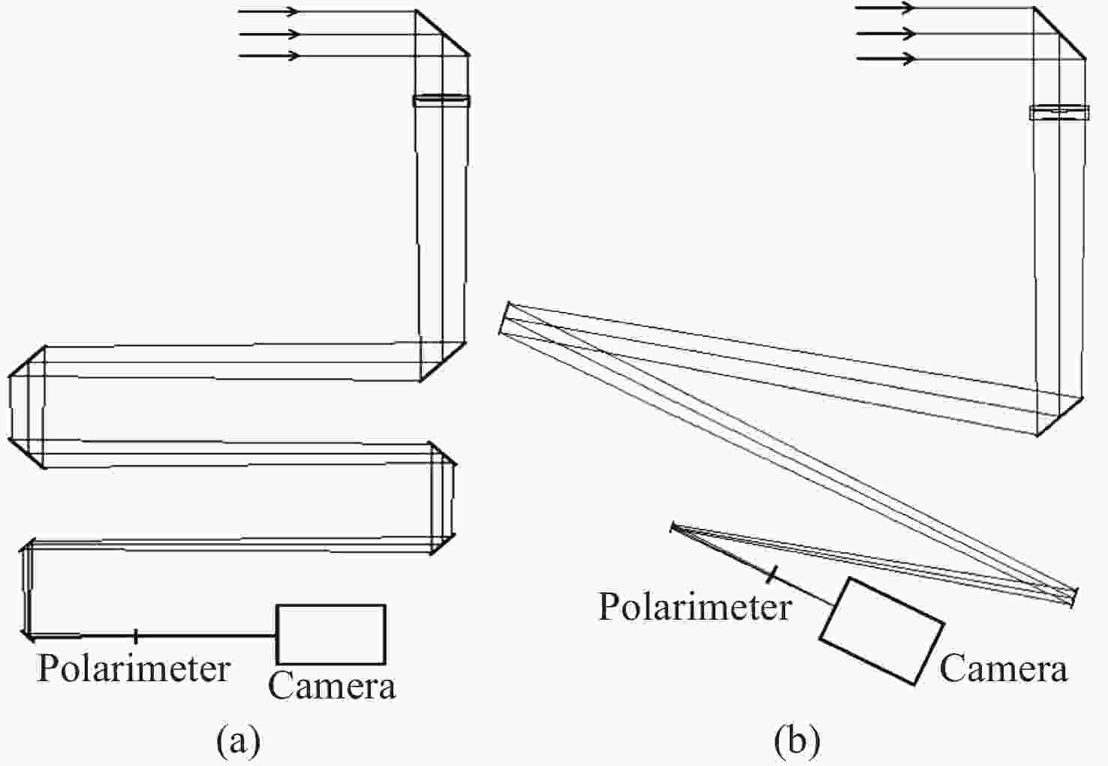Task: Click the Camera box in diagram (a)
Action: click(331, 634)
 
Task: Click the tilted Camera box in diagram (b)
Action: click(881, 631)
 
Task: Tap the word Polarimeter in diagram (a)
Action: click(134, 668)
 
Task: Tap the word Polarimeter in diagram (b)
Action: click(694, 606)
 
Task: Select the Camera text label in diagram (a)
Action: click(332, 686)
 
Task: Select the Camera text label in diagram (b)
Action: click(1003, 668)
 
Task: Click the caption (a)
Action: click(239, 740)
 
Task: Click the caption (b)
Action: click(797, 740)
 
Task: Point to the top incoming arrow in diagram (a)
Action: click(269, 11)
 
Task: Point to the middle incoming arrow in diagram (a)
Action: click(269, 34)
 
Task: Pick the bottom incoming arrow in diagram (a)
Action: click(269, 56)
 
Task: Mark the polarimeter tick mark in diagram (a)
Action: click(135, 636)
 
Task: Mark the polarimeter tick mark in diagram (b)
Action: click(770, 575)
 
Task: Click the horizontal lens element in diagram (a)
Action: click(441, 100)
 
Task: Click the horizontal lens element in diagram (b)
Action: click(1058, 113)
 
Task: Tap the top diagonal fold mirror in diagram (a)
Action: click(442, 33)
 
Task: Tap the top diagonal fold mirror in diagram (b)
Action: click(1058, 34)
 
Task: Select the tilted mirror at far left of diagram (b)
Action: click(504, 318)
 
